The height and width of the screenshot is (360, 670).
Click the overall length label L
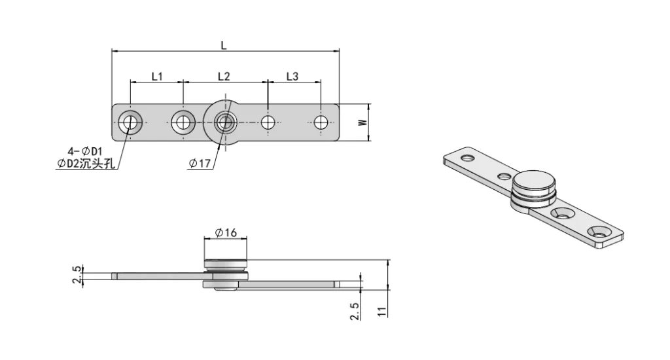point(223,45)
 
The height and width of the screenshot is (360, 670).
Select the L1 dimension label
point(157,77)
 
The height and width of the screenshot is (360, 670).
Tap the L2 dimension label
point(224,77)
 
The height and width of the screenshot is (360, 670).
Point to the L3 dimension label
point(292,77)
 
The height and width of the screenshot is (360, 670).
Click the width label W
point(362,122)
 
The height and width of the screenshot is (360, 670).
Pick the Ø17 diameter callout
point(200,164)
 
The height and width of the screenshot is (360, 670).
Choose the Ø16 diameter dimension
point(226,232)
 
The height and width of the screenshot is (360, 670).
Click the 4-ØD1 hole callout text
point(85,151)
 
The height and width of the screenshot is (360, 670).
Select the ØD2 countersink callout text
point(86,164)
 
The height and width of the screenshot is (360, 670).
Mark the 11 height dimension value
point(382,312)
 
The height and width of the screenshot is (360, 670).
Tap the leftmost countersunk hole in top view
point(131,122)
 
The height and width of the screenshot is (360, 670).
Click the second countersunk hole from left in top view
point(183,122)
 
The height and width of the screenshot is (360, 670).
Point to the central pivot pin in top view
point(225,122)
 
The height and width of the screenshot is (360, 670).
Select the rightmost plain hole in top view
point(321,122)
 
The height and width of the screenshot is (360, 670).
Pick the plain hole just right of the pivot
point(268,122)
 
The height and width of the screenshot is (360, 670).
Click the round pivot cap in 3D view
point(534,182)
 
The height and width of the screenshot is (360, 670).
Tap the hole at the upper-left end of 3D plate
point(467,158)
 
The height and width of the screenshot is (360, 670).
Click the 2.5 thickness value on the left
point(77,274)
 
